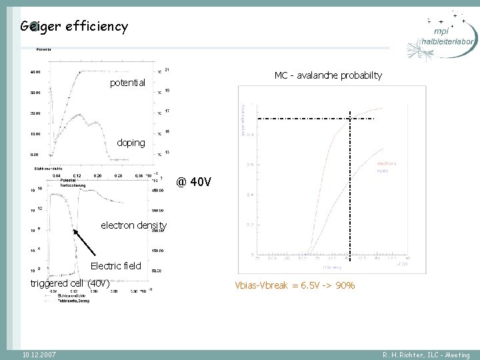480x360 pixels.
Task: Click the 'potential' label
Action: [x=127, y=83]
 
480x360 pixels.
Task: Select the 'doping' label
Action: [x=130, y=143]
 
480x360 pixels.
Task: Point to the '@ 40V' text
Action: [x=194, y=181]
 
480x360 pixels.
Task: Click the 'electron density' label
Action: [x=133, y=225]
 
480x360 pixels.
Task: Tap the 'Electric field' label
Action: [x=116, y=266]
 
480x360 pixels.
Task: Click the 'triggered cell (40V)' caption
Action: [x=70, y=283]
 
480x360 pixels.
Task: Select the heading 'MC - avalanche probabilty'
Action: [x=328, y=75]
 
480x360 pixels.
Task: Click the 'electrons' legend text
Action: [x=387, y=163]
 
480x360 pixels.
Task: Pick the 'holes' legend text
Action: [x=383, y=170]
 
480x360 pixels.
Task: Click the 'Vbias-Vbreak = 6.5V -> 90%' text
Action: [x=294, y=285]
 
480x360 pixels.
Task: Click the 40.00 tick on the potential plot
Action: [x=34, y=71]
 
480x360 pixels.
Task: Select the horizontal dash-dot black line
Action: [x=313, y=118]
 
